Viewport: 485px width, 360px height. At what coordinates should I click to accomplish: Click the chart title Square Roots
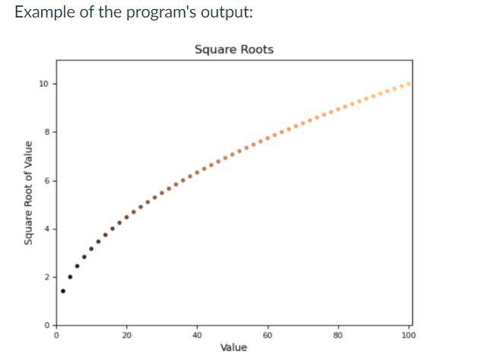coord(233,49)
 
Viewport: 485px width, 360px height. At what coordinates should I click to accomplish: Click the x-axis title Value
coord(233,347)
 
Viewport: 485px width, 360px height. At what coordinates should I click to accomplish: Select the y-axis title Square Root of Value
coord(28,192)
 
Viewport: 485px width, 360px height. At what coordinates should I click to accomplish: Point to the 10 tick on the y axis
coord(44,84)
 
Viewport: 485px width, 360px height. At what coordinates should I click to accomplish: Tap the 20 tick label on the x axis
coord(126,335)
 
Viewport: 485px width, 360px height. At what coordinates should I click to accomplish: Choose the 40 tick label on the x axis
coord(197,335)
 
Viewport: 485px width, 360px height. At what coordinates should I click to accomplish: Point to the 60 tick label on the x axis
coord(268,335)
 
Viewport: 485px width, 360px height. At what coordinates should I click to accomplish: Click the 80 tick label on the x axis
coord(338,335)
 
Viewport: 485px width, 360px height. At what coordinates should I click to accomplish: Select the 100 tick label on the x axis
coord(409,335)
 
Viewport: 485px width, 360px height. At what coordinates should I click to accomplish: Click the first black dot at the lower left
coord(63,291)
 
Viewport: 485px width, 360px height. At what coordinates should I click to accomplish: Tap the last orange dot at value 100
coord(409,84)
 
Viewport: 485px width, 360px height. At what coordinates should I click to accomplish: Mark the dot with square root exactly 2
coord(70,277)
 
